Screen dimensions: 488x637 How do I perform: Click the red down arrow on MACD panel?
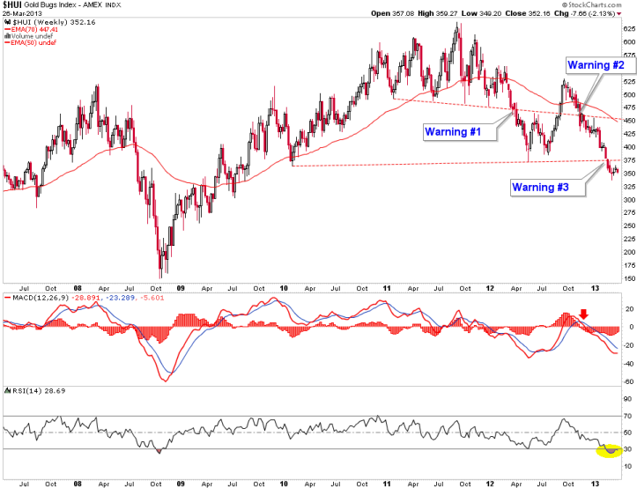tap(582, 314)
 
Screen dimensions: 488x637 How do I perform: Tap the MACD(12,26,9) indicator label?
tap(34, 299)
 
